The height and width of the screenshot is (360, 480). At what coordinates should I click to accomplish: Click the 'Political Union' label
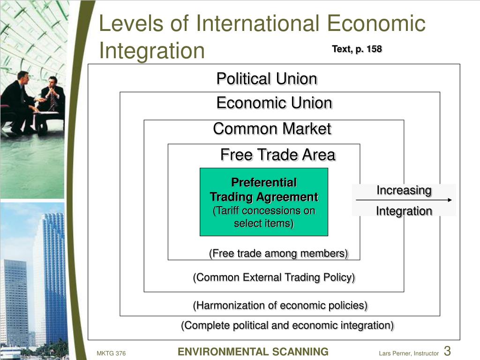(267, 79)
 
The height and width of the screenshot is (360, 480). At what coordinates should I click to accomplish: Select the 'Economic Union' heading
(274, 103)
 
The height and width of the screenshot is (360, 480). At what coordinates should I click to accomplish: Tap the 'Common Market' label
(272, 128)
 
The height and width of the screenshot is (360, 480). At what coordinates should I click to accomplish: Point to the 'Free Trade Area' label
(278, 155)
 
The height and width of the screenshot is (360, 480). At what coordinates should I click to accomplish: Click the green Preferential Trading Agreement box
(264, 202)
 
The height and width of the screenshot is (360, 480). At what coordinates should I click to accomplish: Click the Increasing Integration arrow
(404, 200)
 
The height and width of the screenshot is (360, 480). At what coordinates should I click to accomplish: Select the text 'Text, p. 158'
(357, 49)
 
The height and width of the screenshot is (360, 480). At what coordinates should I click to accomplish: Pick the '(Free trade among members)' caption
(278, 254)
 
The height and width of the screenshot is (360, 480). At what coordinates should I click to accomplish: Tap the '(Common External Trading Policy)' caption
(274, 277)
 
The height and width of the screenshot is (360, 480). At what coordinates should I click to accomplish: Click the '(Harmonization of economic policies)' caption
(280, 305)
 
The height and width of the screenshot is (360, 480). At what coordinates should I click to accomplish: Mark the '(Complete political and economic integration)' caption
(287, 325)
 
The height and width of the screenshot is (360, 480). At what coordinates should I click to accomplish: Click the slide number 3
(447, 351)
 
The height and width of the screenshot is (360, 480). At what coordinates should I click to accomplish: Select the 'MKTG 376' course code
(111, 353)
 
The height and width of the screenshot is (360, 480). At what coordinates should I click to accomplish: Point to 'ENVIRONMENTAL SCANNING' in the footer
(253, 352)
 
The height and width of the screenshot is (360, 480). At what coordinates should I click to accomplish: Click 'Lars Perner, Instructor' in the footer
(409, 353)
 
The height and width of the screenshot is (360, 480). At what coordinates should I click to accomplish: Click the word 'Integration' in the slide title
(152, 51)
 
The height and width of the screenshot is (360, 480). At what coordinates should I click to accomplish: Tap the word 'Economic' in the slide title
(376, 23)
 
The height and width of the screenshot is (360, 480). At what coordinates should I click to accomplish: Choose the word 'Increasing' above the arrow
(404, 190)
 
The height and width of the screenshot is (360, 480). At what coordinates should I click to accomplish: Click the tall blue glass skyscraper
(54, 276)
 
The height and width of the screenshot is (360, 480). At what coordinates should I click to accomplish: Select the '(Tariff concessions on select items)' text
(264, 217)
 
